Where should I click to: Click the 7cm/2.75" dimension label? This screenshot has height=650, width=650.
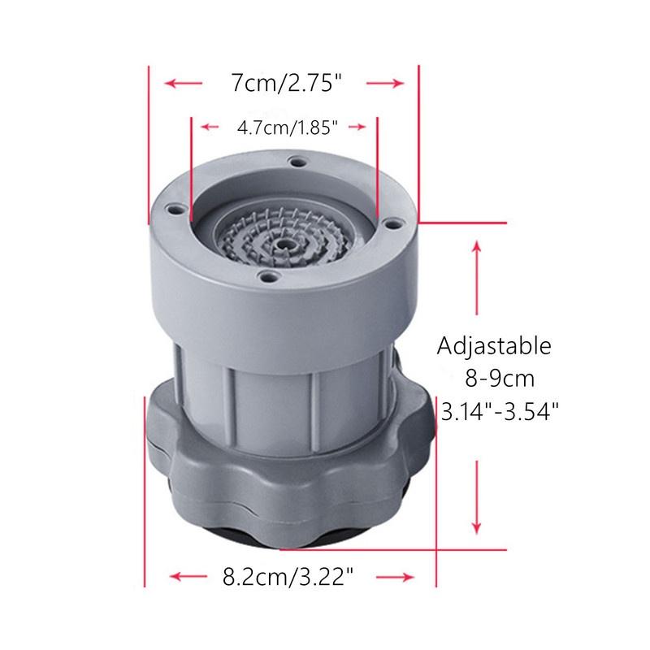click(287, 83)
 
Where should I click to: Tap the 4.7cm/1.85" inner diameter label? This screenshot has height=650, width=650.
click(288, 128)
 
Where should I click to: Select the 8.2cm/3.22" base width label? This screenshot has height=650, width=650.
click(288, 577)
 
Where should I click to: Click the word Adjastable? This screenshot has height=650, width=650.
click(494, 346)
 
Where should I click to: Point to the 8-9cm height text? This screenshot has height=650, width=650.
click(500, 379)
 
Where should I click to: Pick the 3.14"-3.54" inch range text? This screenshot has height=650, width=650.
click(500, 412)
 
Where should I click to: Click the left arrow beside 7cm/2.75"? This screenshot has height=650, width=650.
click(184, 84)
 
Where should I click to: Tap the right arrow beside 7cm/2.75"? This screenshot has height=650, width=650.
click(385, 84)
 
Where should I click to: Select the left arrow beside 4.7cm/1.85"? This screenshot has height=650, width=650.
click(210, 127)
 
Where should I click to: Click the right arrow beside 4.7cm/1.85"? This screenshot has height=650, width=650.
click(357, 127)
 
